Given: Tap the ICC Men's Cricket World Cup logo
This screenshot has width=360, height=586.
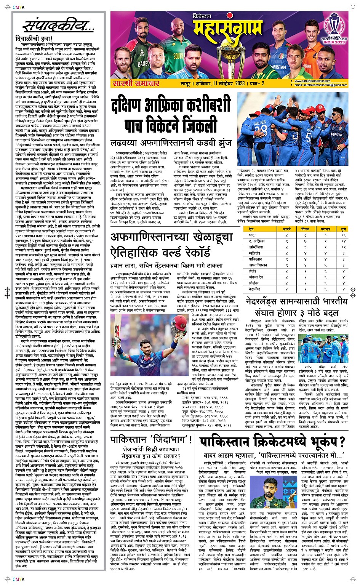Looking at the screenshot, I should click(x=334, y=30).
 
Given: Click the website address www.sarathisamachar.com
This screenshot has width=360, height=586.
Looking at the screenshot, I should click(x=312, y=81).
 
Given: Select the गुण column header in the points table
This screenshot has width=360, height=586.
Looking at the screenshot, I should click(x=343, y=229).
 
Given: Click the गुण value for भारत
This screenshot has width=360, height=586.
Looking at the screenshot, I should click(x=343, y=235).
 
